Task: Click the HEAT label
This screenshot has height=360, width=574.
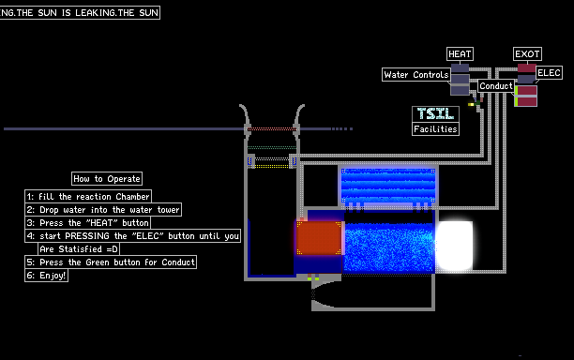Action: point(460,54)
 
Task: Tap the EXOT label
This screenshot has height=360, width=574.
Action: point(527,54)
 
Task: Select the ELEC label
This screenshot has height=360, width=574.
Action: point(549,73)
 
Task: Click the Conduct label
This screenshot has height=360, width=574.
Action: point(496,86)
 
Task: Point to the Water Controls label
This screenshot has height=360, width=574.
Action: point(416,75)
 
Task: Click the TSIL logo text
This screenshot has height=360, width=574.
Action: point(435,113)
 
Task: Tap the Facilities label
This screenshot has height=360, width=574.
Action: point(435,129)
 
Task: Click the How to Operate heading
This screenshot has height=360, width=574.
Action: point(107,178)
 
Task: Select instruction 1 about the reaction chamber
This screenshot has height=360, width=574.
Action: point(88,197)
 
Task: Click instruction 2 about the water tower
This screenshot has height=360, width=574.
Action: point(103,210)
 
